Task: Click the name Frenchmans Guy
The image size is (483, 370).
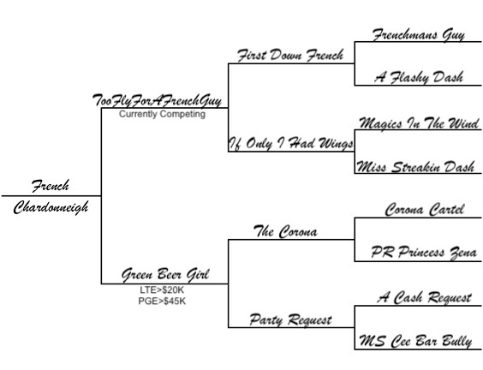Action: pyautogui.click(x=418, y=35)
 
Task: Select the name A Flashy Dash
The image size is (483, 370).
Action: pyautogui.click(x=419, y=77)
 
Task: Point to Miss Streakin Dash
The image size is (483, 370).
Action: pyautogui.click(x=415, y=167)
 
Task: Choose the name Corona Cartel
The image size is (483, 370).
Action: pyautogui.click(x=425, y=210)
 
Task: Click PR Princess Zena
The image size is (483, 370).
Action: pyautogui.click(x=424, y=253)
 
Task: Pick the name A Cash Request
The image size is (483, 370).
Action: pyautogui.click(x=425, y=297)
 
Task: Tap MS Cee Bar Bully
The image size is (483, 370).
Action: pyautogui.click(x=415, y=342)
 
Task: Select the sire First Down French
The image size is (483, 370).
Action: pyautogui.click(x=290, y=55)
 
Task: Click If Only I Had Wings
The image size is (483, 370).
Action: pyautogui.click(x=291, y=144)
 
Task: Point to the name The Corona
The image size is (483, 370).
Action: pyautogui.click(x=285, y=231)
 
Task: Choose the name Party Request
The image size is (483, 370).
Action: pyautogui.click(x=290, y=319)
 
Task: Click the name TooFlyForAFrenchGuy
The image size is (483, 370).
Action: pyautogui.click(x=157, y=100)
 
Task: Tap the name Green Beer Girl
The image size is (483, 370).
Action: pyautogui.click(x=165, y=275)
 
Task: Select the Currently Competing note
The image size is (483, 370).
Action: pyautogui.click(x=163, y=114)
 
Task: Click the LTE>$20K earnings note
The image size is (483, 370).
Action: pyautogui.click(x=162, y=289)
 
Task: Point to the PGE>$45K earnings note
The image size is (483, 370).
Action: pyautogui.click(x=162, y=301)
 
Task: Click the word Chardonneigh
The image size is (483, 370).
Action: pyautogui.click(x=51, y=207)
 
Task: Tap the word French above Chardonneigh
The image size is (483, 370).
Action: pyautogui.click(x=51, y=186)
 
